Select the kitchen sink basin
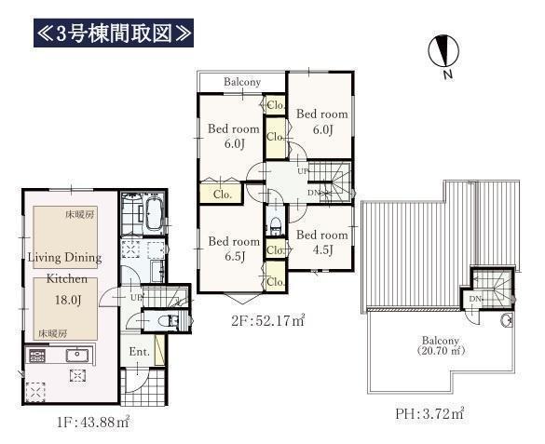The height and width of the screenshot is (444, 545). (77, 356)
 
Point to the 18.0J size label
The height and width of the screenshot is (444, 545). (68, 300)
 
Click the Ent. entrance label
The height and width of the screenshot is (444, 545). (140, 352)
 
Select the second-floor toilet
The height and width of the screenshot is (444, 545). (276, 225)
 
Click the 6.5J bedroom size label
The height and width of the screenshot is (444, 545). (235, 257)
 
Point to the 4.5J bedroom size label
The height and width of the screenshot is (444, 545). (323, 249)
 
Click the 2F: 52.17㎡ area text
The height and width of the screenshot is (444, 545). (268, 320)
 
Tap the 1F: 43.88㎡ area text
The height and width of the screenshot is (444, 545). (93, 423)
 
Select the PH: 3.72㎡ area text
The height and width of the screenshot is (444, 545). (430, 413)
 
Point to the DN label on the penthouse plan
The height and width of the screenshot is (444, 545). (475, 299)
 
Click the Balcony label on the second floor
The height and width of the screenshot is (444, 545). (242, 82)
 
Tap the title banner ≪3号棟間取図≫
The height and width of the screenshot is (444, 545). (114, 33)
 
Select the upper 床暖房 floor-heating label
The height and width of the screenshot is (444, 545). (79, 214)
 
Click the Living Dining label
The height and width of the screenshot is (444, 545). (64, 258)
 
